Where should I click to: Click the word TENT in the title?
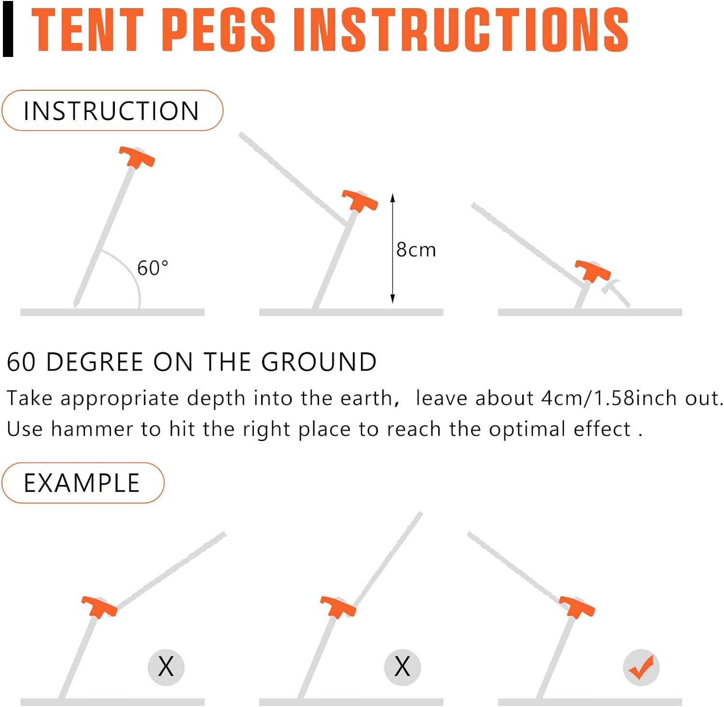(87, 30)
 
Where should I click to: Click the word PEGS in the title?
(218, 30)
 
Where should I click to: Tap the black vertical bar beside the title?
(8, 30)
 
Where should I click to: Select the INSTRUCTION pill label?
(112, 111)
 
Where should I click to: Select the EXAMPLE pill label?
(83, 483)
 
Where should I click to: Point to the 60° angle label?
(153, 268)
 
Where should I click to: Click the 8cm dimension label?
(416, 250)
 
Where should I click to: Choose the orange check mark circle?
(641, 667)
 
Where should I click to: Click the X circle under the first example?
(166, 667)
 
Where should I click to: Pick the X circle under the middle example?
(403, 667)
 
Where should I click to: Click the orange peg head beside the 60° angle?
(137, 157)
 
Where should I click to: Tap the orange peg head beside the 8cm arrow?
(360, 200)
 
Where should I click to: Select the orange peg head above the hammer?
(593, 270)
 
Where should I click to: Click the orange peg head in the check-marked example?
(577, 606)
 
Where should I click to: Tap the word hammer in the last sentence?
(92, 429)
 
